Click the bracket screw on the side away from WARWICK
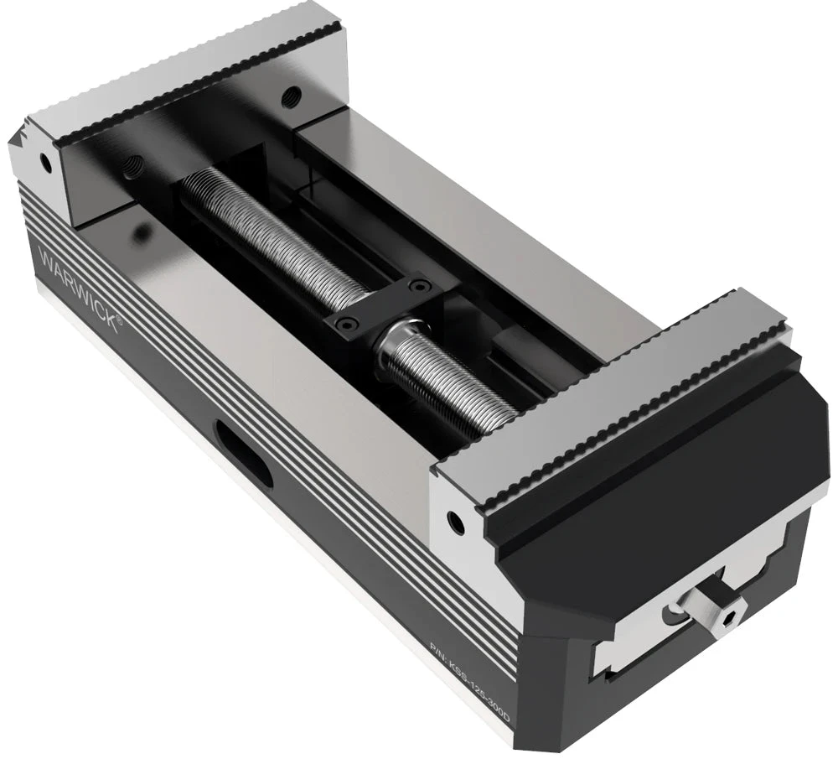tap(413, 286)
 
